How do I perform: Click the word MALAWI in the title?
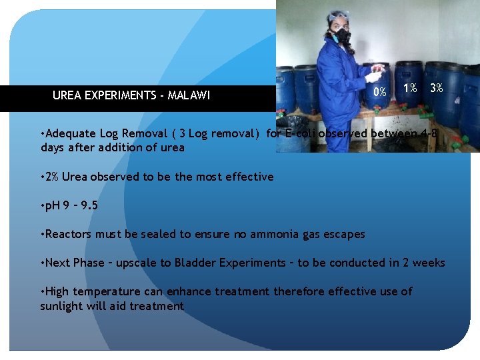[189, 95]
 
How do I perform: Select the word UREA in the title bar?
[66, 95]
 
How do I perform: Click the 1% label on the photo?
[410, 89]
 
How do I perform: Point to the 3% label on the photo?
[437, 88]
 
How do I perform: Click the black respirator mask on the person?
[342, 35]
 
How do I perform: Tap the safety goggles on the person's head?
[339, 17]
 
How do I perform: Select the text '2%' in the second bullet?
[53, 177]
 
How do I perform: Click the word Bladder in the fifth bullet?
[199, 263]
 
